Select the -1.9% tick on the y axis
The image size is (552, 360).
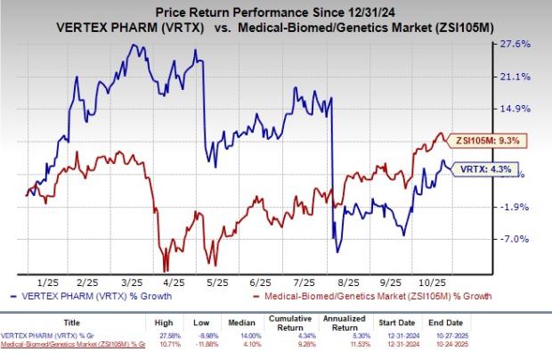click(519, 207)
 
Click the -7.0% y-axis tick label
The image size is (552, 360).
click(519, 239)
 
